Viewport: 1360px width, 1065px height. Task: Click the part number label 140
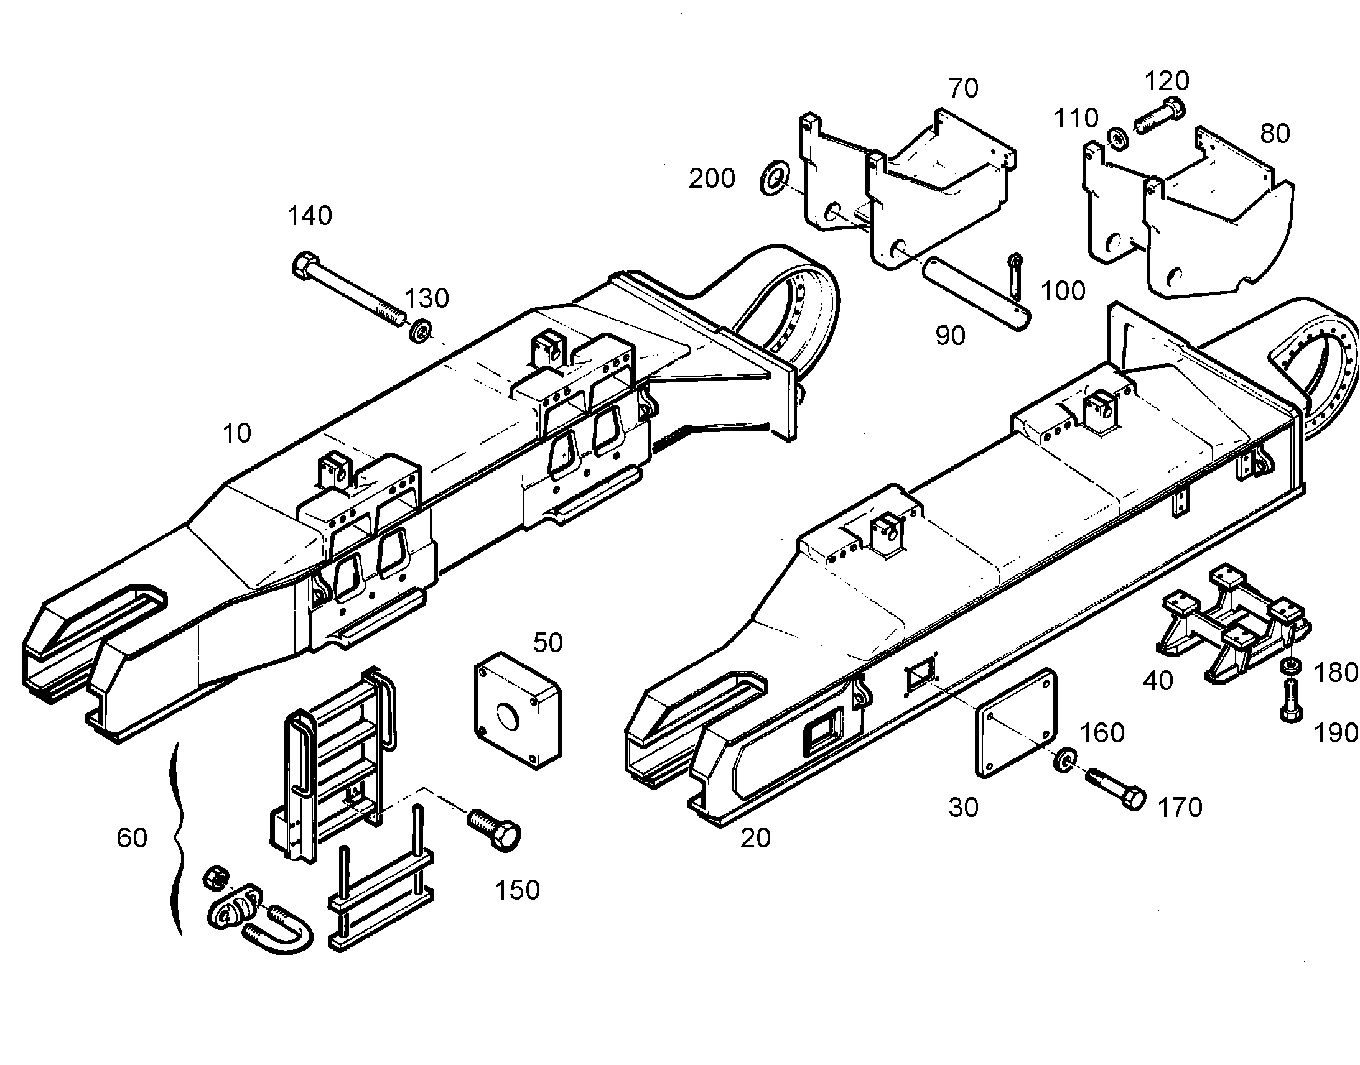click(x=309, y=216)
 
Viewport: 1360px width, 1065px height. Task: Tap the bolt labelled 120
click(x=1159, y=116)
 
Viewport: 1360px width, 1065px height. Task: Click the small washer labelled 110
click(x=1117, y=139)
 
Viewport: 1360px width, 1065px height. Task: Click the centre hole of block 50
click(x=507, y=716)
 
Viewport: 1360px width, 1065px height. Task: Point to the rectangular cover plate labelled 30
click(x=1015, y=723)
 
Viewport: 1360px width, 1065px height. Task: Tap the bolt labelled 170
click(x=1116, y=789)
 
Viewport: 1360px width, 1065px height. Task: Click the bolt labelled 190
click(x=1291, y=701)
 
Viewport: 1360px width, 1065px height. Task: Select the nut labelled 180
click(x=1291, y=666)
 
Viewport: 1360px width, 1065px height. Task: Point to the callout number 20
click(x=755, y=839)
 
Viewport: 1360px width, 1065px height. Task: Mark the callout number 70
click(x=964, y=88)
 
